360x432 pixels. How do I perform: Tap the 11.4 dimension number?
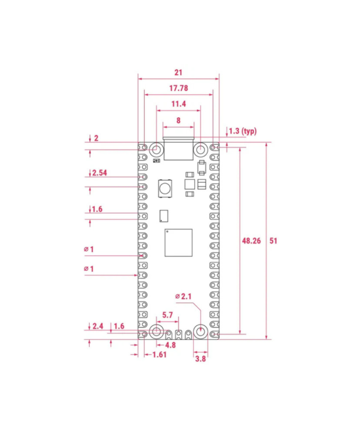pos(178,104)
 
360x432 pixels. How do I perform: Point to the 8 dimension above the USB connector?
pos(178,121)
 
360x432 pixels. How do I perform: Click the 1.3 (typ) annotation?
pos(242,131)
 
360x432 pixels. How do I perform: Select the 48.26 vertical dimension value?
pos(251,241)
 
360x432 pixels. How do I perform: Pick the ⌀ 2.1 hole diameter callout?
pos(184,297)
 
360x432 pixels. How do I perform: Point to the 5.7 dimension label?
pos(167,315)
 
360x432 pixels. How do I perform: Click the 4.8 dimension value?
pos(170,344)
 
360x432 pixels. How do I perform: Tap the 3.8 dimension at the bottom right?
pos(200,359)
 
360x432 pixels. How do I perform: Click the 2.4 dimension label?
pos(98,326)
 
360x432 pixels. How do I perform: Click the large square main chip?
pos(178,243)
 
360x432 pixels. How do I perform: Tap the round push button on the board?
pos(164,190)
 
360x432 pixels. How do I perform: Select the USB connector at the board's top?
pos(178,150)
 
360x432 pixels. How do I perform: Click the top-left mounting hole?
pos(156,149)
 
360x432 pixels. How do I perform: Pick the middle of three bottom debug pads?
pos(178,334)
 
